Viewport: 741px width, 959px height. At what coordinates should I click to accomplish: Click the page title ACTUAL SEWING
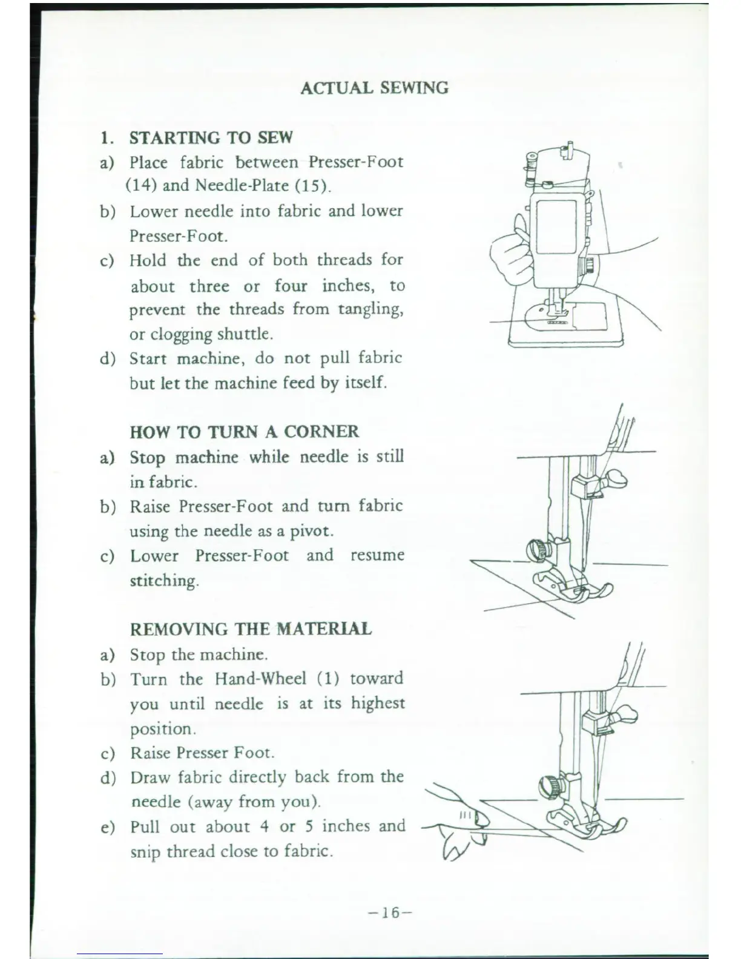(374, 88)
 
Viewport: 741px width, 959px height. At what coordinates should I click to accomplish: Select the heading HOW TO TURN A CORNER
(244, 432)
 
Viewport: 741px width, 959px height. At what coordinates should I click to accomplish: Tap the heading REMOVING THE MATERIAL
(251, 629)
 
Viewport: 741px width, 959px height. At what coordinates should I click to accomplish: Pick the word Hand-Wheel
(260, 678)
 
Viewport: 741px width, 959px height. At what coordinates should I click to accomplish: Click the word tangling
(370, 310)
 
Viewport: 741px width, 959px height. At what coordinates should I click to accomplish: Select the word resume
(377, 556)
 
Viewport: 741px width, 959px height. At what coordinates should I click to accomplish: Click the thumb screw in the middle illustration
(538, 550)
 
